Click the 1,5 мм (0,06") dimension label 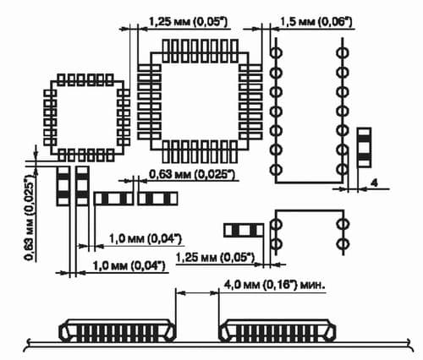pyautogui.click(x=316, y=22)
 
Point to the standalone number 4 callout pyautogui.click(x=374, y=183)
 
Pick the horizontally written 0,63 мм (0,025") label pyautogui.click(x=191, y=174)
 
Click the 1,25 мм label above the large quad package pyautogui.click(x=188, y=22)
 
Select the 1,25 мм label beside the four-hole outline pyautogui.click(x=215, y=258)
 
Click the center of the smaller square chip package pyautogui.click(x=87, y=117)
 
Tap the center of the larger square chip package pyautogui.click(x=200, y=101)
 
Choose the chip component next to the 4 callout pyautogui.click(x=364, y=148)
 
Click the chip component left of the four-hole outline pyautogui.click(x=244, y=230)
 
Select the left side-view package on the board pyautogui.click(x=117, y=330)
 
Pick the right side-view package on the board pyautogui.click(x=277, y=330)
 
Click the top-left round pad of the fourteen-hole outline pyautogui.click(x=276, y=52)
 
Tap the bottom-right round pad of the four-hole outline pyautogui.click(x=343, y=243)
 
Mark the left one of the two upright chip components pyautogui.click(x=63, y=186)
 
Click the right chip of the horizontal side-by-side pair pyautogui.click(x=157, y=199)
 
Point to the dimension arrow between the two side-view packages pyautogui.click(x=197, y=293)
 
